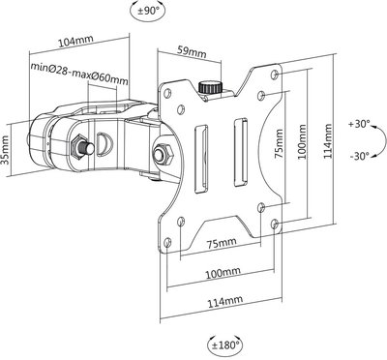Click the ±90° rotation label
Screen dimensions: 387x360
[149, 11]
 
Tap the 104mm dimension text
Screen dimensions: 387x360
[75, 42]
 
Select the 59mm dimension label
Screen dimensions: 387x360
[193, 51]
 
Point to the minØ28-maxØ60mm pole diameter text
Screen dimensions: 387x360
[79, 73]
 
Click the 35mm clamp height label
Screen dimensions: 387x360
[6, 150]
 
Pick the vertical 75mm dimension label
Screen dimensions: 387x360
[280, 143]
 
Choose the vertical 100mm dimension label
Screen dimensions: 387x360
[303, 141]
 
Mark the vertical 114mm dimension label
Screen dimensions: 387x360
[328, 141]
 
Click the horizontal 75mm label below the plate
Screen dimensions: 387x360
[222, 243]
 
